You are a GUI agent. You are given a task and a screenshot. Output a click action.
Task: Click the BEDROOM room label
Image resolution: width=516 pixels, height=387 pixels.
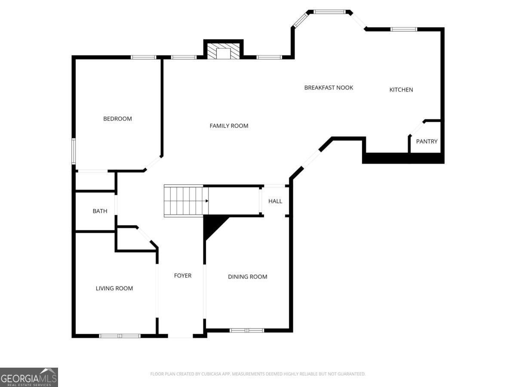117,119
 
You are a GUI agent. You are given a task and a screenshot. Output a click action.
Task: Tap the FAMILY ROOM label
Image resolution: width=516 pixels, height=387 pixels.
229,126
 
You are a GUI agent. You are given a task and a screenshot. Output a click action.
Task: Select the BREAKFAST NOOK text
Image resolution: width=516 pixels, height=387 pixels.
329,88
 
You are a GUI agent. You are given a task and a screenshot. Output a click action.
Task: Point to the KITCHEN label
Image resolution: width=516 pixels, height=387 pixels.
401,90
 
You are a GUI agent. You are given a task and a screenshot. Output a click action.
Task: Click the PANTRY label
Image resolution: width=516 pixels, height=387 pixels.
427,141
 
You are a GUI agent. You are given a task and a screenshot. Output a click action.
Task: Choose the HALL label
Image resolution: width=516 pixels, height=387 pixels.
275,201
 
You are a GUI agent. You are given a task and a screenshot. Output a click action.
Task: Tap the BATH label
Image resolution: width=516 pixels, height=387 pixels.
100,211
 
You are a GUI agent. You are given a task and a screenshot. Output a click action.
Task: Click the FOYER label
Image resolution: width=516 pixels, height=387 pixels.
182,276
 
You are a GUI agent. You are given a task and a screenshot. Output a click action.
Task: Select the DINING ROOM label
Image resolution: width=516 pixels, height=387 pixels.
247,277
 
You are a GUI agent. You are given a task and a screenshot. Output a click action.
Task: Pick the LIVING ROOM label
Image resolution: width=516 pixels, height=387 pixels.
114,289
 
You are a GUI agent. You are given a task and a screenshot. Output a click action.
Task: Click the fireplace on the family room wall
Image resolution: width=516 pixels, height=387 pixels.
223,51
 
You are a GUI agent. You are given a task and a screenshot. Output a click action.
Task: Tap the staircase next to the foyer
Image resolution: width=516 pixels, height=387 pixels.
184,201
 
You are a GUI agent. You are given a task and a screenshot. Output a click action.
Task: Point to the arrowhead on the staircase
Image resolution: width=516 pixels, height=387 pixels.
207,201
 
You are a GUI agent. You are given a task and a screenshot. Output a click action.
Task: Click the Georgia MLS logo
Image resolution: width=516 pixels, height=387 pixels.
29,377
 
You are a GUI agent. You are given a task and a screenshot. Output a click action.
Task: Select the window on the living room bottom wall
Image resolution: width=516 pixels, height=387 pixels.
120,336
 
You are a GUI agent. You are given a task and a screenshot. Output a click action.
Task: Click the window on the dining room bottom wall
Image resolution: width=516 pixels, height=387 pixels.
246,330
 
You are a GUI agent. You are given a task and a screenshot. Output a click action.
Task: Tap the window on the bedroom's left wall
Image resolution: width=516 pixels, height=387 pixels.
74,151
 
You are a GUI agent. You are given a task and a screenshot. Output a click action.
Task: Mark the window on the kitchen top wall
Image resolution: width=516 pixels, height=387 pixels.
403,29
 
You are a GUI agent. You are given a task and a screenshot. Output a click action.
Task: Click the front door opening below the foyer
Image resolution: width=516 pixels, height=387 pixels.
180,336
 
